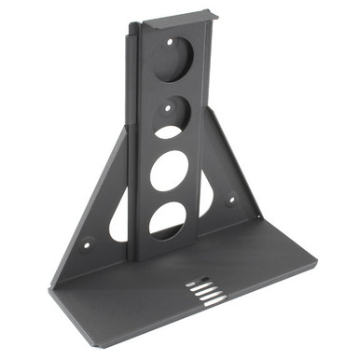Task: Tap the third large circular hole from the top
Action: click(169, 170)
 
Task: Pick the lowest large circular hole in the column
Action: click(167, 220)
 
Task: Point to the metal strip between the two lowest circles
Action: click(168, 195)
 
